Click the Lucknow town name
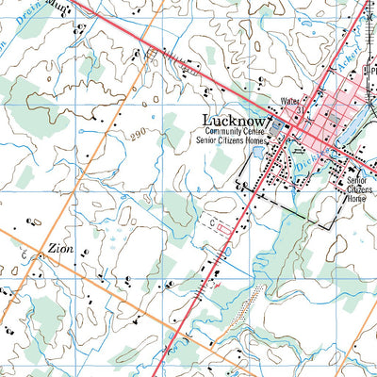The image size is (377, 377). pyautogui.click(x=236, y=120)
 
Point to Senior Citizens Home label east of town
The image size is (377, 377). pyautogui.click(x=356, y=188)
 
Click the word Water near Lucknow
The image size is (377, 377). pyautogui.click(x=288, y=101)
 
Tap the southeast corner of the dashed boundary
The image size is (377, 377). pyautogui.click(x=332, y=227)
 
